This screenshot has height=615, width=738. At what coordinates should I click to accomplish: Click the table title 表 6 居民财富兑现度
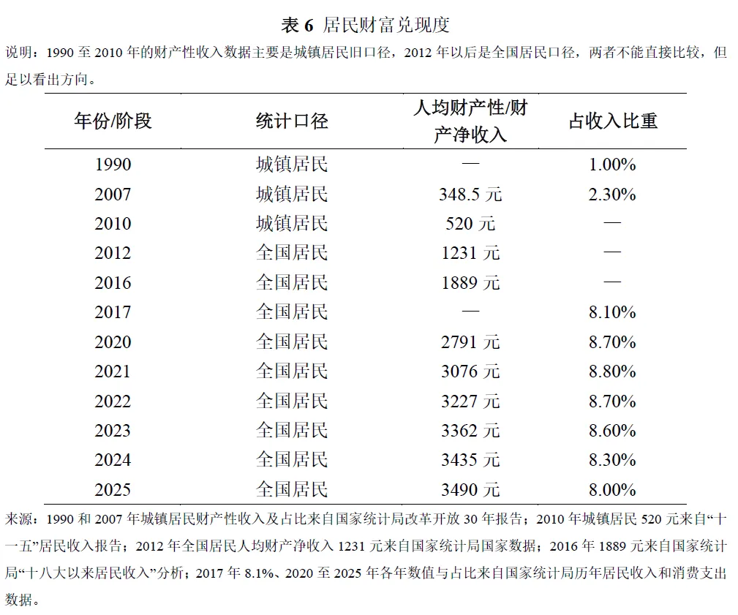(365, 25)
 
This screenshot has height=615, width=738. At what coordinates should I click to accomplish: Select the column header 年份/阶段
(113, 121)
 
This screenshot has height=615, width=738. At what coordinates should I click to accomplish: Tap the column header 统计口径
(292, 121)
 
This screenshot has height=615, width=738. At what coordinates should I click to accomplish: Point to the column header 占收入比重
(612, 121)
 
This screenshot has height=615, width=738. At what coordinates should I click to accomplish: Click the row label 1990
(113, 165)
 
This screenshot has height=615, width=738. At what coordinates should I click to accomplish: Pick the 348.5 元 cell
(470, 195)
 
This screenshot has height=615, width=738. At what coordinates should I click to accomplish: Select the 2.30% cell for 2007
(612, 195)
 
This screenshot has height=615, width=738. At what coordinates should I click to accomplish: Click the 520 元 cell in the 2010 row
(470, 224)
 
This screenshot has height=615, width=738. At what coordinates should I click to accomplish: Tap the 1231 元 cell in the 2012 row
(470, 253)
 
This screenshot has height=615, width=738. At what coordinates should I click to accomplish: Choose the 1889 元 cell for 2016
(470, 283)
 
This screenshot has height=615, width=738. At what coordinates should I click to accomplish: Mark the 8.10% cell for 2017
(612, 312)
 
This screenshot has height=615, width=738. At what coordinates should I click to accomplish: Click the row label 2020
(113, 342)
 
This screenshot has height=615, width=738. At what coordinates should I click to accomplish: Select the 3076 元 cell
(470, 371)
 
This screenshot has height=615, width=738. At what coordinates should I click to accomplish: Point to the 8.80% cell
(612, 371)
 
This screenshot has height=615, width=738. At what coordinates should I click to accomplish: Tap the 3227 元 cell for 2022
(470, 401)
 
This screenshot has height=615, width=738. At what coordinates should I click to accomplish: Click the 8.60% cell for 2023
(612, 431)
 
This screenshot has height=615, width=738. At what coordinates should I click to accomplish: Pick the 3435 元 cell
(470, 460)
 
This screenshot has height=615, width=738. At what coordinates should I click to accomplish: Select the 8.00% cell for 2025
(612, 490)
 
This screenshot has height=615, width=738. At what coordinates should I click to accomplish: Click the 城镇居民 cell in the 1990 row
(292, 165)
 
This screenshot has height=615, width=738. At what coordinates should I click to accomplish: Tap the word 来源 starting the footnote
(19, 519)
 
